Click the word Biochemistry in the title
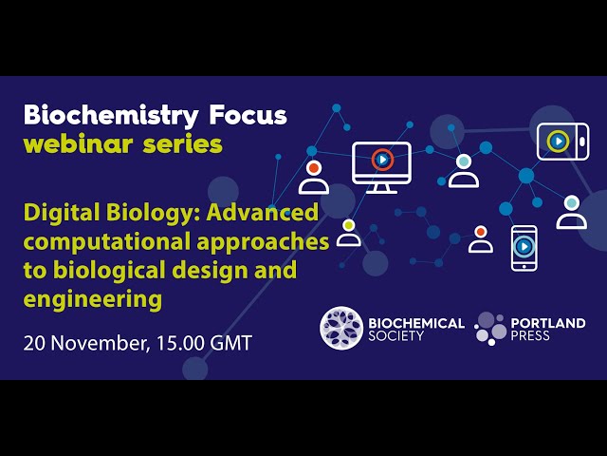[x=111, y=116]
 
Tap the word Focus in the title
[x=248, y=115]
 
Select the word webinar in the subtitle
[x=78, y=144]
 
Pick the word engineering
[x=93, y=300]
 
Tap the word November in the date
[x=98, y=343]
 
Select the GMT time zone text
[x=231, y=343]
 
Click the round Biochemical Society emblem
[x=341, y=329]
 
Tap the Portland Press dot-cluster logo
[x=490, y=329]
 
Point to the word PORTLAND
[x=548, y=323]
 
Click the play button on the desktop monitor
[x=382, y=160]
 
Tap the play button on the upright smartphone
[x=524, y=246]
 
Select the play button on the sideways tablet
[x=559, y=142]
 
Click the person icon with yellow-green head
[x=349, y=233]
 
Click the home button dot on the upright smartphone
[x=524, y=266]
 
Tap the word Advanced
[x=263, y=212]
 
